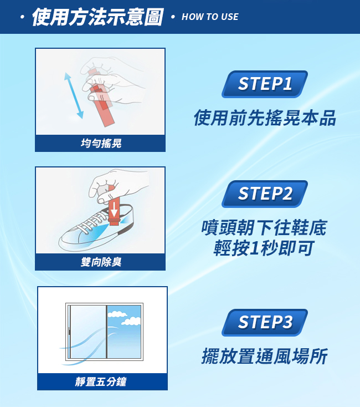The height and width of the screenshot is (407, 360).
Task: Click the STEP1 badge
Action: (x=265, y=84)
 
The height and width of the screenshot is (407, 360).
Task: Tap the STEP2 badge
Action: (x=265, y=194)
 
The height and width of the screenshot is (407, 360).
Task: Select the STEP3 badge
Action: (x=265, y=322)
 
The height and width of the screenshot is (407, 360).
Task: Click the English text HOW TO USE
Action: (x=210, y=17)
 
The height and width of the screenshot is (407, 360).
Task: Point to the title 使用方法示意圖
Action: (x=97, y=17)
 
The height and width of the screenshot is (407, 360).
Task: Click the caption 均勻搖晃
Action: (x=101, y=143)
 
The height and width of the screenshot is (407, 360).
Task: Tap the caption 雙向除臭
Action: (x=101, y=262)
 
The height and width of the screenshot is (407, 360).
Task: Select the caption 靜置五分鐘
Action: (x=101, y=381)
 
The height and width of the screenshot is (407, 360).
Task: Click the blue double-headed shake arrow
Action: (x=74, y=95)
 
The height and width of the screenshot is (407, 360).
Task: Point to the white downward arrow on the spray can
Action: (x=114, y=209)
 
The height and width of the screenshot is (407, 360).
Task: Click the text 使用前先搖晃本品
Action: (x=265, y=118)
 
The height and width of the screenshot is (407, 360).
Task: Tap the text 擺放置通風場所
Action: (x=265, y=356)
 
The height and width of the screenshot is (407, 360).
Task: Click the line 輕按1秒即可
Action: (x=264, y=248)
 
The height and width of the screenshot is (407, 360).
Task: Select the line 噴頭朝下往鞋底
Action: (x=264, y=228)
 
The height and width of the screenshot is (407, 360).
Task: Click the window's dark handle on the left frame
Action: (x=69, y=331)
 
